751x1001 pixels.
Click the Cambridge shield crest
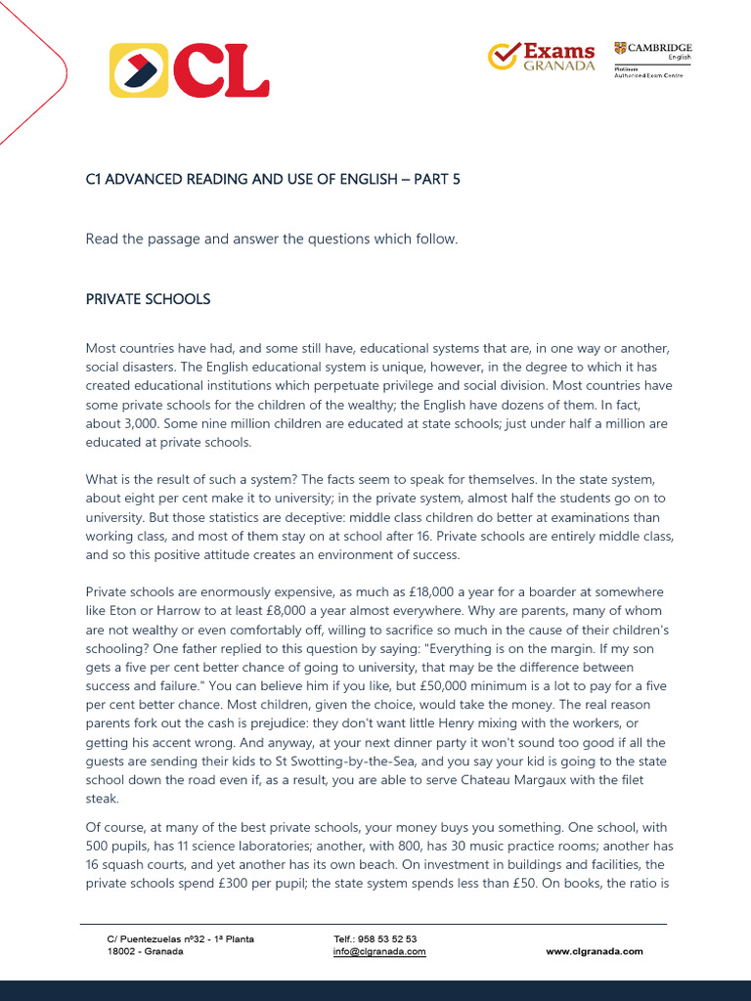[x=620, y=48]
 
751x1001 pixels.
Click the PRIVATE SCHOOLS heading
[x=148, y=299]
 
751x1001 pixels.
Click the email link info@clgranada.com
[x=379, y=951]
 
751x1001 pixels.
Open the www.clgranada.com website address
[x=594, y=951]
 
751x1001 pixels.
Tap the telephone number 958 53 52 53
[x=388, y=938]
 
